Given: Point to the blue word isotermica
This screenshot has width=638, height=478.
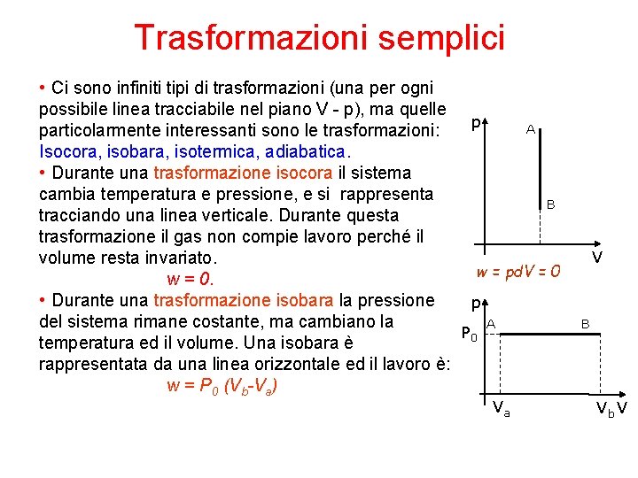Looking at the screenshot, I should (210, 151).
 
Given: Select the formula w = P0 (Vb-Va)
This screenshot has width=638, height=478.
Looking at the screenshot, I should (226, 386).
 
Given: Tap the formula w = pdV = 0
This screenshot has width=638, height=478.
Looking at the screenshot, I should (518, 272).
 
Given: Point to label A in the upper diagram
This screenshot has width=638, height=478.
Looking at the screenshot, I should (529, 129).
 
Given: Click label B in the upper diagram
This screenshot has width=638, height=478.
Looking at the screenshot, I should (550, 204).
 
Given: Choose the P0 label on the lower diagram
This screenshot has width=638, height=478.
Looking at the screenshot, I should (470, 335).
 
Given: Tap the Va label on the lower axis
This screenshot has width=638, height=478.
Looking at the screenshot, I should (501, 408).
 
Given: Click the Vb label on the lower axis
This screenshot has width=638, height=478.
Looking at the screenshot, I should (603, 409).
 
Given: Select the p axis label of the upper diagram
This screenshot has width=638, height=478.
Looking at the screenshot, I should (477, 126).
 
